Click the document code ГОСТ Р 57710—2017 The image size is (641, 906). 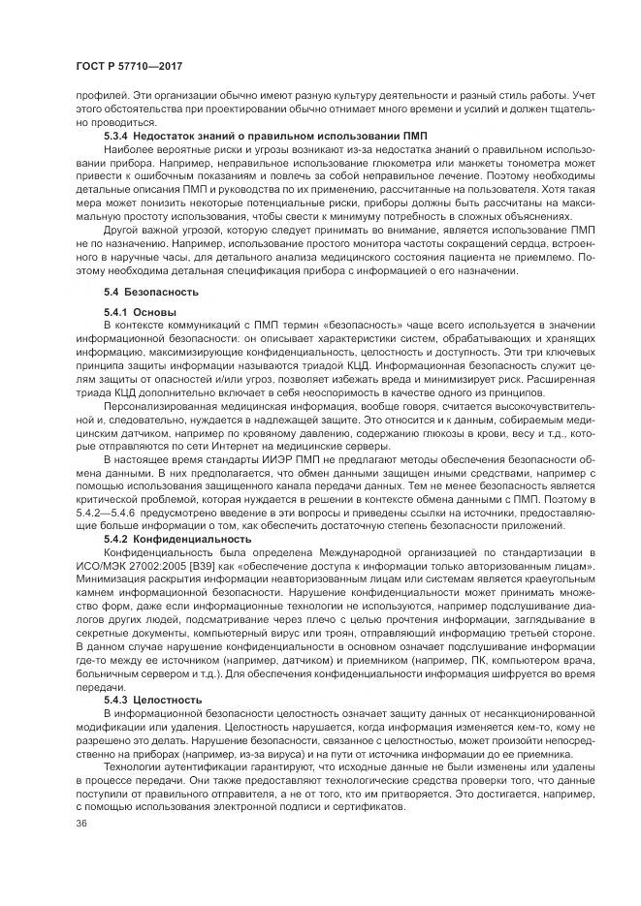click(x=129, y=65)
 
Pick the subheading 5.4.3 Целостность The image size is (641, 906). click(x=153, y=698)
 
